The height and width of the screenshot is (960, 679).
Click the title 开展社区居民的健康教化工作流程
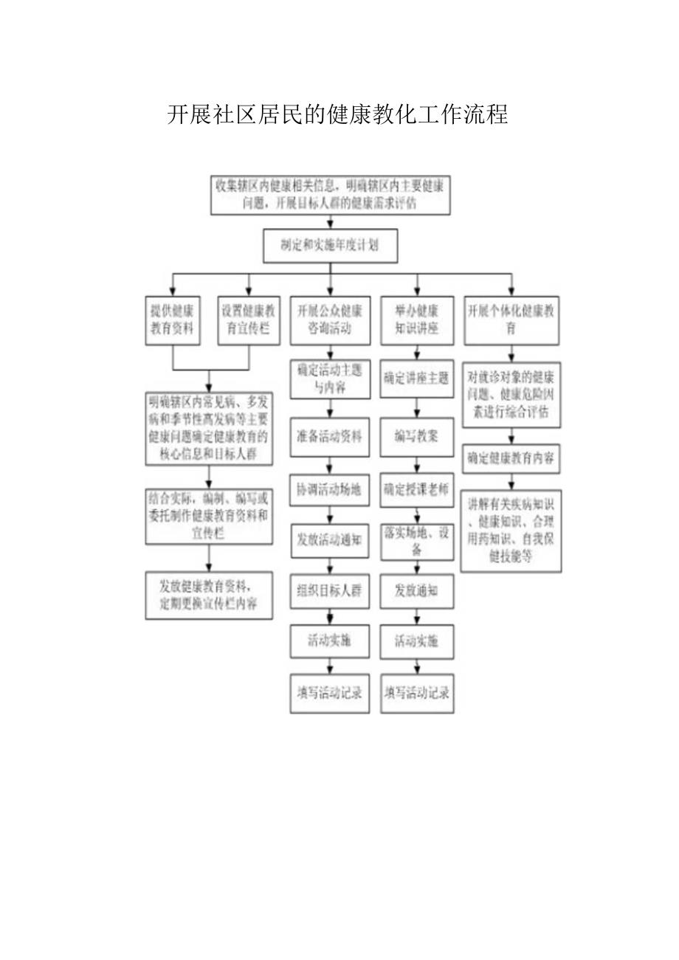(337, 115)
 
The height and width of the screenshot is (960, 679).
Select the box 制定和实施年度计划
(330, 246)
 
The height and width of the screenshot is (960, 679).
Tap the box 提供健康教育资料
(172, 320)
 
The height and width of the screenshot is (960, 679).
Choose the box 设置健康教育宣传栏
(249, 320)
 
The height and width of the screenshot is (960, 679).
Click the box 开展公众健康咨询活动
(330, 320)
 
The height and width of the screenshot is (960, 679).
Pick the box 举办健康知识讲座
(417, 320)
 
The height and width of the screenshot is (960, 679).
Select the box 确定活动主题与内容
(330, 378)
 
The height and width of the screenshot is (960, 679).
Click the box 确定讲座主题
(417, 378)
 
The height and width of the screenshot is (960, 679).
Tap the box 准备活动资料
(330, 435)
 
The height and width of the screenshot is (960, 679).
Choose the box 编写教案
(417, 435)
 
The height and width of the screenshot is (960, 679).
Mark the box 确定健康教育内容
(511, 458)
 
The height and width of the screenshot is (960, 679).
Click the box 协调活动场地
(330, 489)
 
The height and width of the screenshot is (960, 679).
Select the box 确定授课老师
(417, 489)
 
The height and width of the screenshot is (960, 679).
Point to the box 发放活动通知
(330, 539)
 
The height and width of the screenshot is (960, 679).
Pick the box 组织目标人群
(330, 591)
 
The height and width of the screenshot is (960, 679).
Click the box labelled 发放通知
(417, 591)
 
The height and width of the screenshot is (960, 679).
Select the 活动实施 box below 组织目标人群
(330, 640)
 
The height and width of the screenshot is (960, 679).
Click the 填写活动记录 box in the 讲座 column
(417, 693)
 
